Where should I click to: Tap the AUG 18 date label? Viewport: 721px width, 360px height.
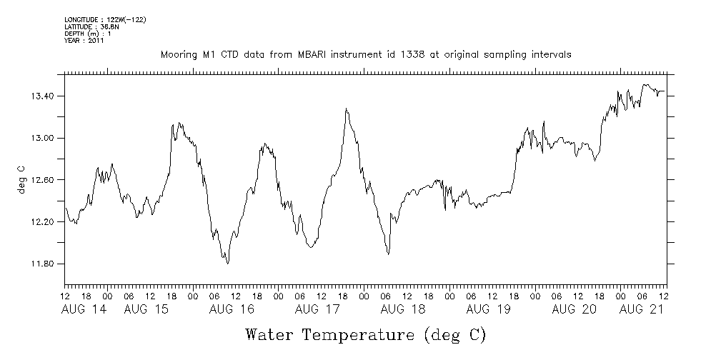click(404, 309)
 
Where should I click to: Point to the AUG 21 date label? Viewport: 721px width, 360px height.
click(641, 309)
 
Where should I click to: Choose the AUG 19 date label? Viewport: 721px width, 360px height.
click(488, 309)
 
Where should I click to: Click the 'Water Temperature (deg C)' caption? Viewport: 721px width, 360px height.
click(366, 334)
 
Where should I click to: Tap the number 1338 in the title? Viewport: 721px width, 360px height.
click(411, 55)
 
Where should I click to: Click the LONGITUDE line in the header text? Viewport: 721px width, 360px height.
click(105, 19)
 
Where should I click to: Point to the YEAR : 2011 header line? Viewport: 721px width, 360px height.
click(85, 41)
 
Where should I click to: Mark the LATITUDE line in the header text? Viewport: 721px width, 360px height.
click(90, 26)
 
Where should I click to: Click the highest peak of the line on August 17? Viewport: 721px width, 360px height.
click(346, 109)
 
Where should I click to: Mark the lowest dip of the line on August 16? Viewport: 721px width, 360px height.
click(227, 264)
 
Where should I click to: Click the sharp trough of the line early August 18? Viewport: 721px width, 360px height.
click(388, 254)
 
